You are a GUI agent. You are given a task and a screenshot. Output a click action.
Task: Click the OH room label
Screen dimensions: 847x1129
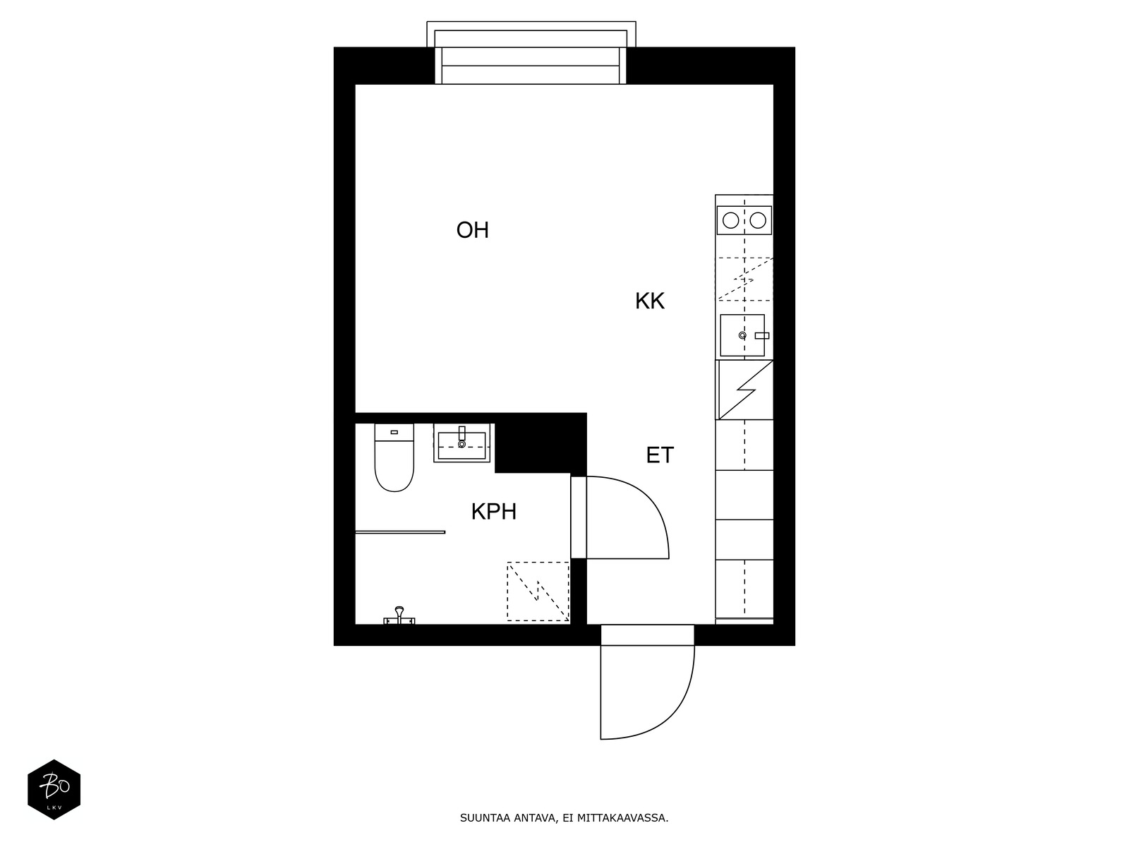[472, 230]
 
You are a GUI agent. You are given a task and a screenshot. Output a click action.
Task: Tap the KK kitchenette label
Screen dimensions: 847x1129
[649, 301]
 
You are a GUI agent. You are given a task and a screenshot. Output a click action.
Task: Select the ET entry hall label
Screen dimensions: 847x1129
[660, 455]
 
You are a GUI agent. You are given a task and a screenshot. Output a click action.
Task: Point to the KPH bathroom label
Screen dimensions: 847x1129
[493, 512]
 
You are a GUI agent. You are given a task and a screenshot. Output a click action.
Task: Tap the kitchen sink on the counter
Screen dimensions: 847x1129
[742, 335]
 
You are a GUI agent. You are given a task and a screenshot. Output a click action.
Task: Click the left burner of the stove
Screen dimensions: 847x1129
[731, 220]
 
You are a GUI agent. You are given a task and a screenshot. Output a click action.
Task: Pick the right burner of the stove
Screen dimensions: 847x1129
[758, 220]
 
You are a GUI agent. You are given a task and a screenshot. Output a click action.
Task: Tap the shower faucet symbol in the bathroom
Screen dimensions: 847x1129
[399, 615]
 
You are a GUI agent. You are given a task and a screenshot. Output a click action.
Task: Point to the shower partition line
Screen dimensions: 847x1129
[400, 532]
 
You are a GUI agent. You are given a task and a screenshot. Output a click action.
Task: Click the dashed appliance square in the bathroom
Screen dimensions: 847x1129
[538, 591]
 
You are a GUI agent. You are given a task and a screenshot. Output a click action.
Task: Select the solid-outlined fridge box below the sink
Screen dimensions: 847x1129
[744, 390]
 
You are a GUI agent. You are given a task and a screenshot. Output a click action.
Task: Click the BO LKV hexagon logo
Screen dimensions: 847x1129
[54, 790]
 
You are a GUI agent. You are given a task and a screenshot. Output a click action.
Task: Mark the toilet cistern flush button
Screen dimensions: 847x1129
[394, 431]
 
